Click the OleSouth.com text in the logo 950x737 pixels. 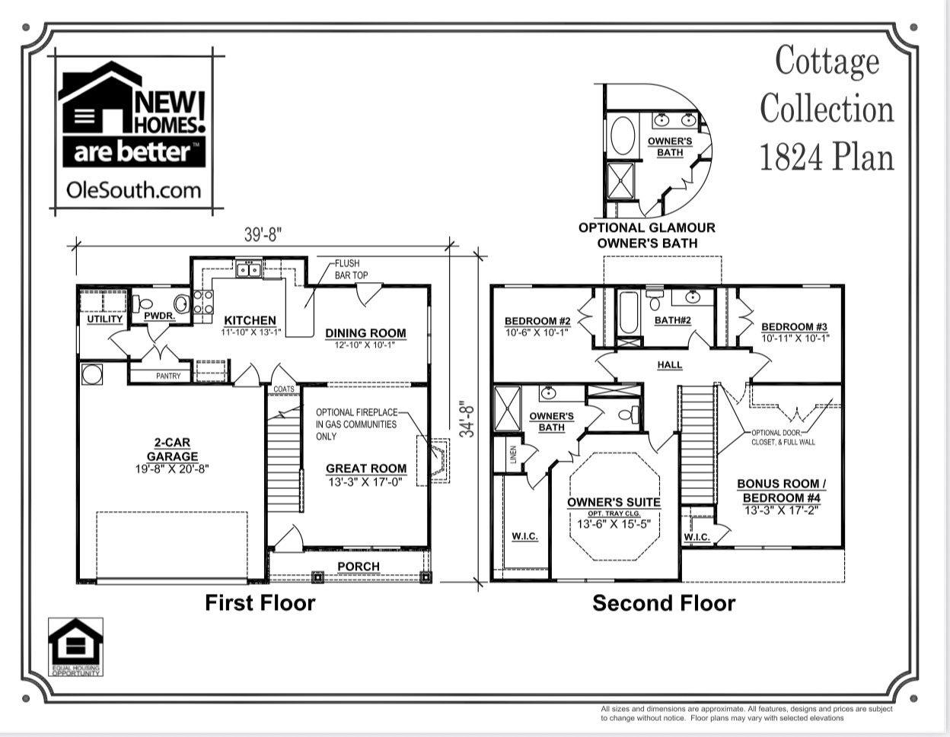(x=133, y=189)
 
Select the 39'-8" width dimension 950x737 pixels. (x=263, y=235)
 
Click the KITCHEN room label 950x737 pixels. (x=250, y=321)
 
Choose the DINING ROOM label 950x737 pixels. (x=365, y=333)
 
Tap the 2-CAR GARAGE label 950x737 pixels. (x=172, y=450)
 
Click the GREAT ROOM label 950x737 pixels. (x=366, y=469)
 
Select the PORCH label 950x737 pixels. (x=359, y=567)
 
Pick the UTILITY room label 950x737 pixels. (x=104, y=319)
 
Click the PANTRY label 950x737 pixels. (x=168, y=376)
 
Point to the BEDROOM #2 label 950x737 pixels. (x=537, y=321)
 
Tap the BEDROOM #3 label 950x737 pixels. (x=795, y=327)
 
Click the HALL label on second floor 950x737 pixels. (x=670, y=365)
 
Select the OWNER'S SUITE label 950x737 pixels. (x=614, y=503)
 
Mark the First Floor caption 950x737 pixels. (x=260, y=603)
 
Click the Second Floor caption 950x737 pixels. (x=664, y=604)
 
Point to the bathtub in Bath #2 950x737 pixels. (x=629, y=313)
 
